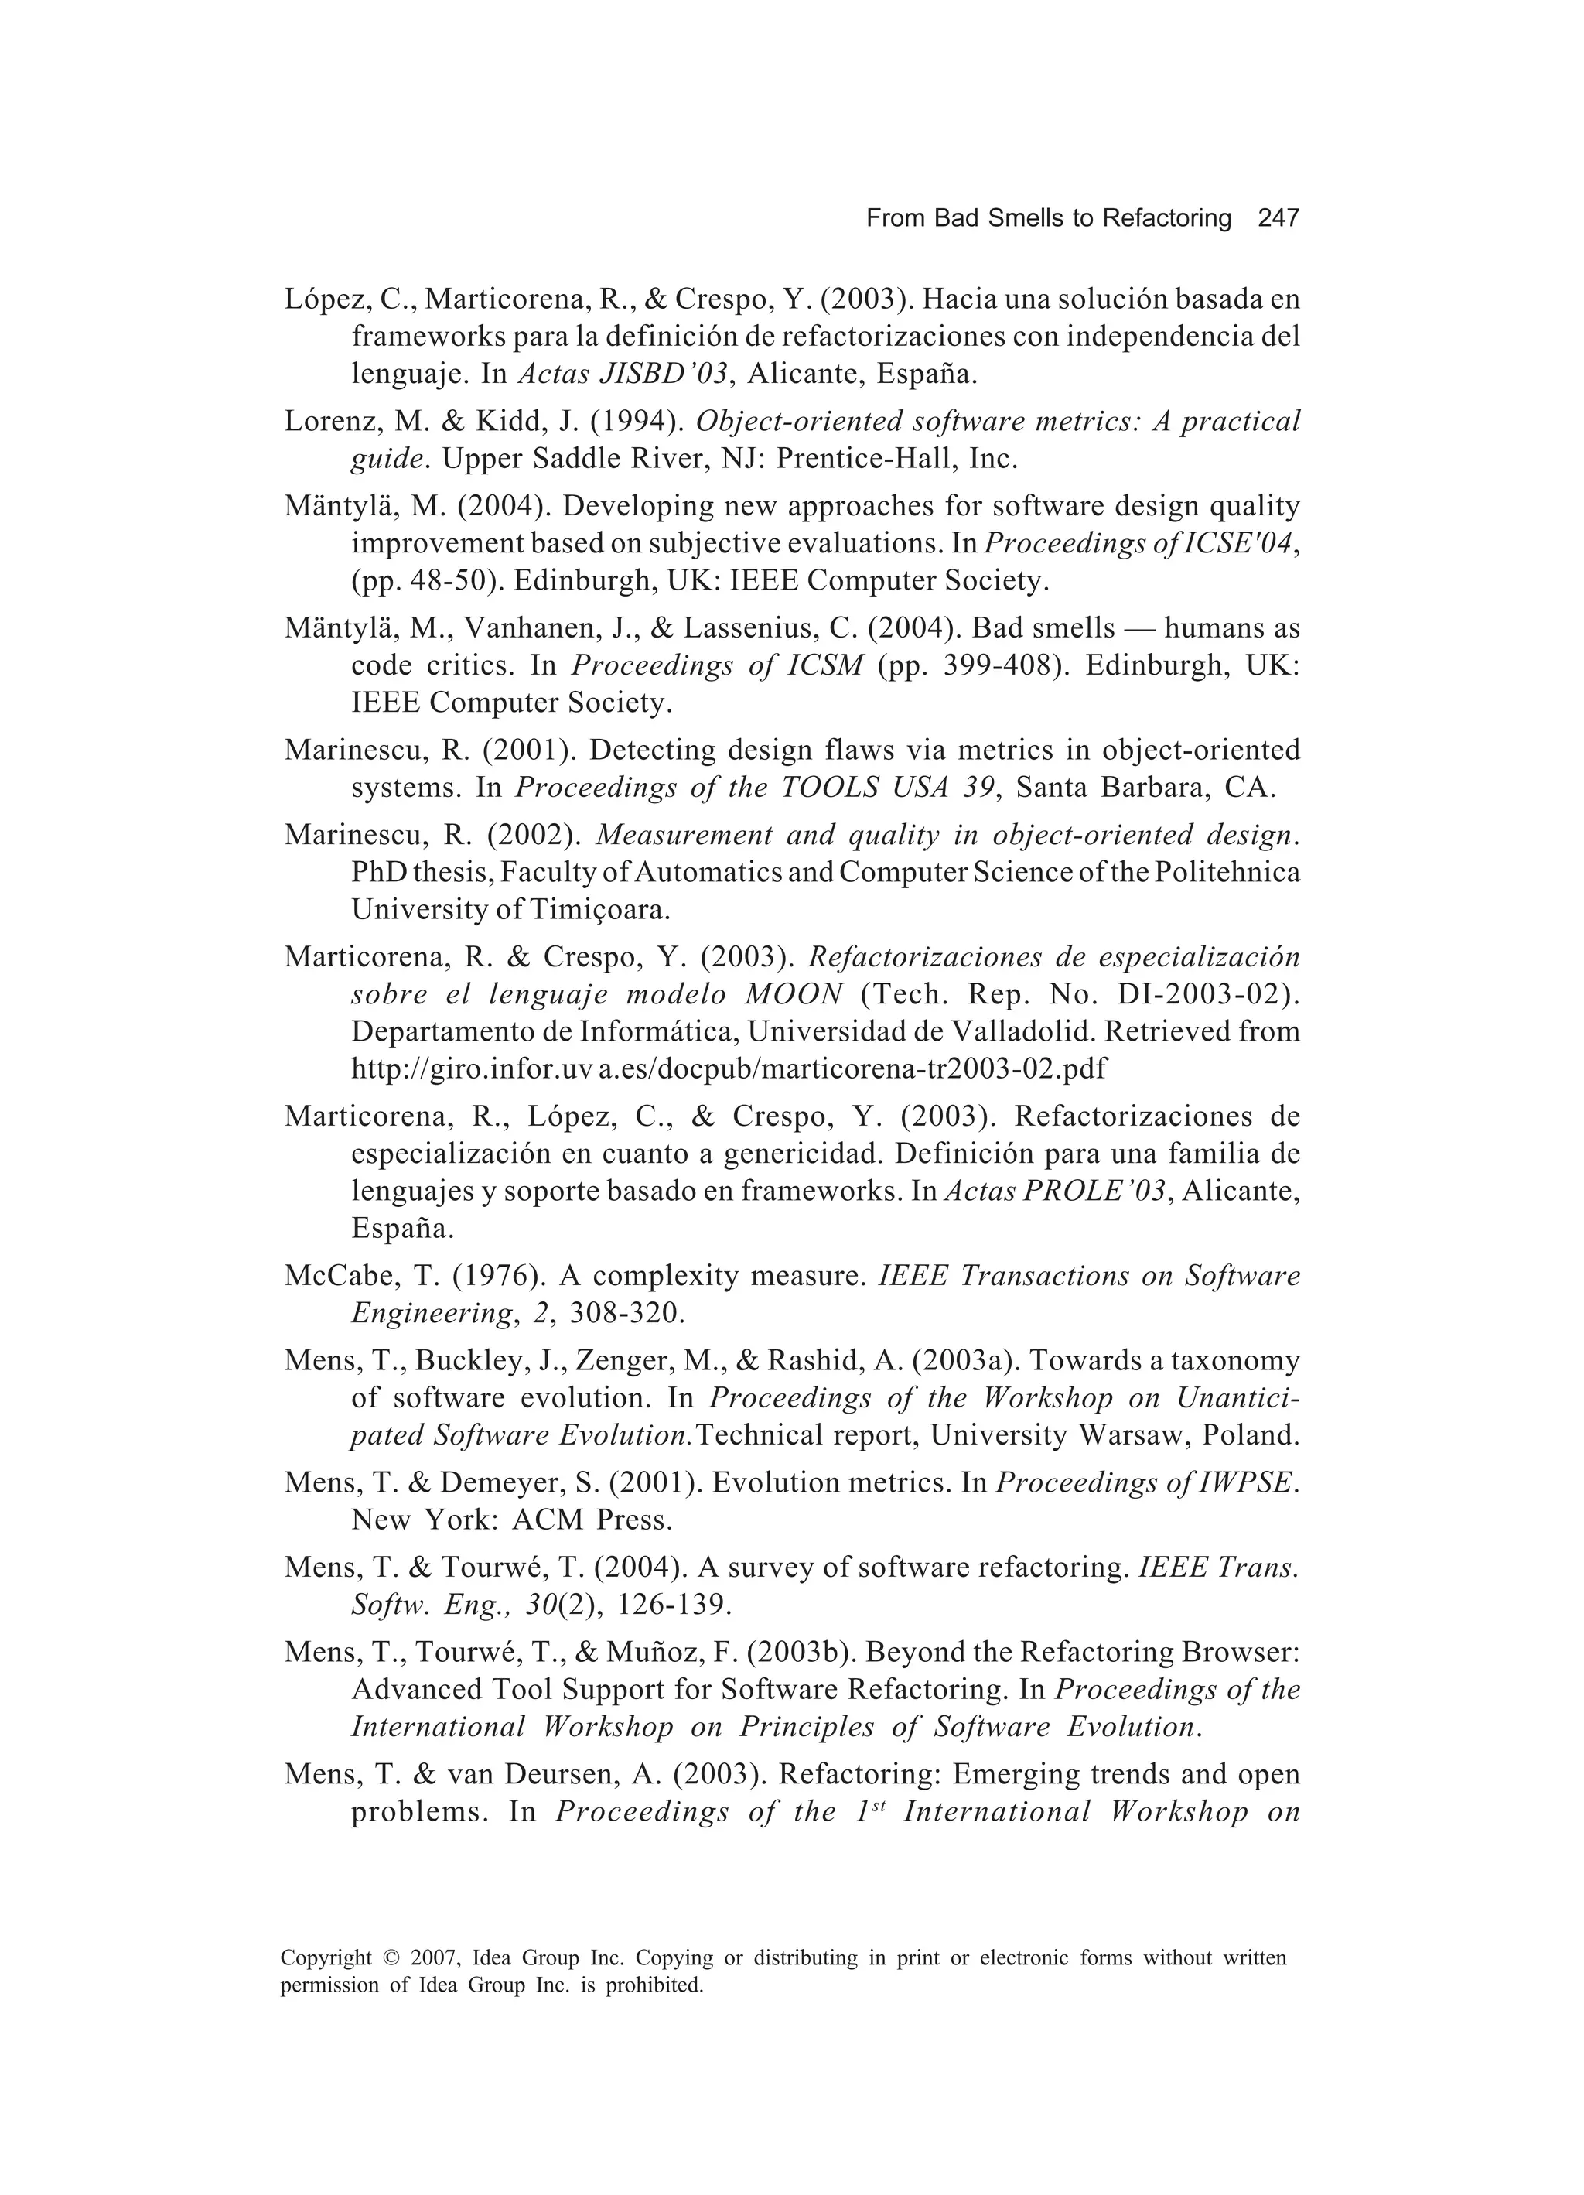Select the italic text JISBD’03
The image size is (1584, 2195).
tap(666, 374)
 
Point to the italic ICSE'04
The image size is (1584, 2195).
tap(1240, 544)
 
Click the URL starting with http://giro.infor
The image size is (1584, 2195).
tap(729, 1068)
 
